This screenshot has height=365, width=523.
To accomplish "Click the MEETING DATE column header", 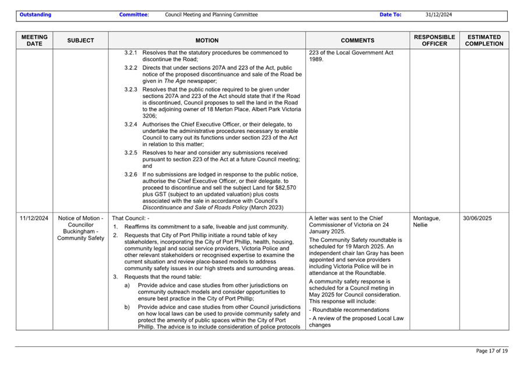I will (x=34, y=40).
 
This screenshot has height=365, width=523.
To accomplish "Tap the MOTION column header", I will (x=207, y=41).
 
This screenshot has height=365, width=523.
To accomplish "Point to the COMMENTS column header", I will (x=357, y=41).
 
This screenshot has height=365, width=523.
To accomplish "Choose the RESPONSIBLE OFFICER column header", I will (x=434, y=40).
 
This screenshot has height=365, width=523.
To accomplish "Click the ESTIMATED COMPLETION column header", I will (x=485, y=40).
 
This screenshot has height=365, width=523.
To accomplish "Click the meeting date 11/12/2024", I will (x=34, y=218).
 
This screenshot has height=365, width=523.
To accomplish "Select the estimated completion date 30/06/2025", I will (x=478, y=218).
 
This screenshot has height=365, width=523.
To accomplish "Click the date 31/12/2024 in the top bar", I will (x=439, y=15).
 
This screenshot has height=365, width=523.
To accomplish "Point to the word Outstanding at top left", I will (x=35, y=15).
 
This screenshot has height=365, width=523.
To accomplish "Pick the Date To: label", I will (x=390, y=15).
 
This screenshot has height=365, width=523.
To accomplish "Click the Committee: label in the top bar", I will (x=134, y=15).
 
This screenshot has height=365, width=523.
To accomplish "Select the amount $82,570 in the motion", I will (x=285, y=188).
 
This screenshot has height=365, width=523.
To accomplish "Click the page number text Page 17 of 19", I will (x=492, y=351).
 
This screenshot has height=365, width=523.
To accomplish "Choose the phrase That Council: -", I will (x=130, y=218).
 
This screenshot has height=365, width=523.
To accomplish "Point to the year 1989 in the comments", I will (x=316, y=60).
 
